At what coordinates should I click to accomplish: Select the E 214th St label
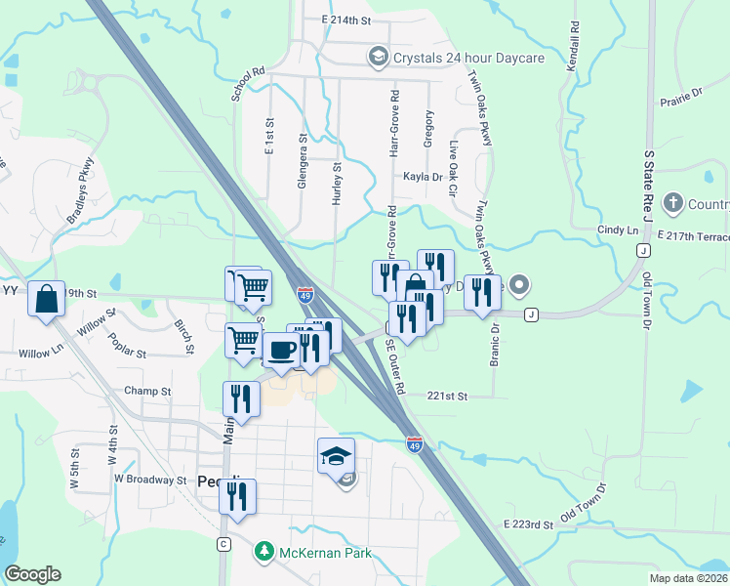coord(346,20)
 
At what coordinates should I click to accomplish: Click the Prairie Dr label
coord(680,94)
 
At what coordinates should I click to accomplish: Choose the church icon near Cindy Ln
coord(672,204)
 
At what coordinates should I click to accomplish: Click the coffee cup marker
coord(281,349)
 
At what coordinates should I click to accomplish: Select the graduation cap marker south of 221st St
coord(335,455)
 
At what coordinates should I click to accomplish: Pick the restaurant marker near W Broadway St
coord(237,496)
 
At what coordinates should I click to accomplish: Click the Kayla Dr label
coord(423,178)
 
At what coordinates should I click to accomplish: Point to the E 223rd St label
coord(529,525)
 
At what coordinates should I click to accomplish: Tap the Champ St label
coord(147,392)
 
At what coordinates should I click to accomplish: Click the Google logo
coord(32,574)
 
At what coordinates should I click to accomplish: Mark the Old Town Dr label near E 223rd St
coord(584,501)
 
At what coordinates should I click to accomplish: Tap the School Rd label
coord(249,84)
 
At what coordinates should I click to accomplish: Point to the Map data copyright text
coord(688,577)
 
